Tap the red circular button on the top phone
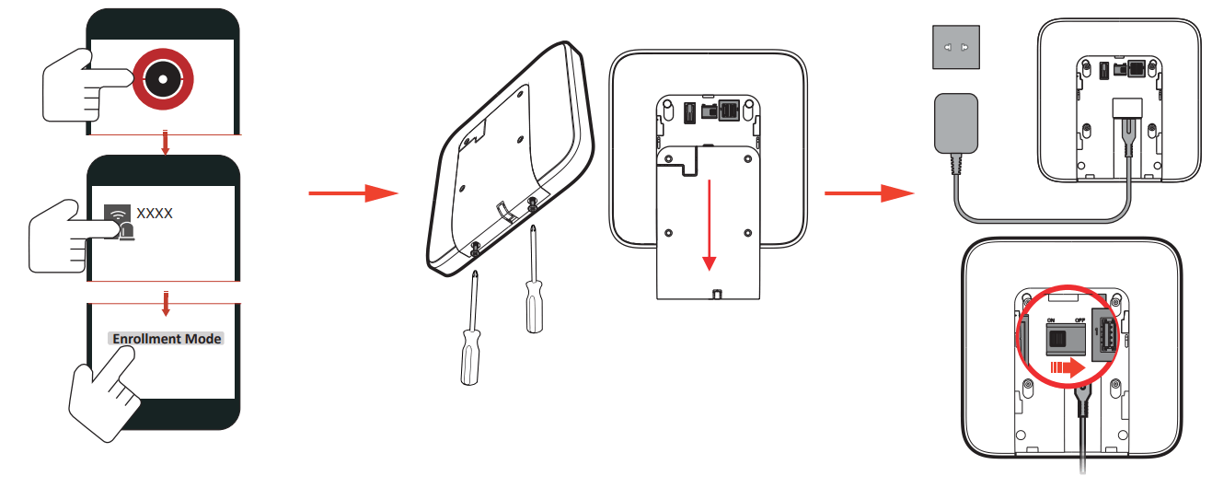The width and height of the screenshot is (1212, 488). (163, 79)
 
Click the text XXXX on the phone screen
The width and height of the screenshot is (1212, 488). (155, 214)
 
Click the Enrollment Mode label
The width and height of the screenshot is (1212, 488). (167, 339)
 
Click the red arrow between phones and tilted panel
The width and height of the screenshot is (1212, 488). (352, 193)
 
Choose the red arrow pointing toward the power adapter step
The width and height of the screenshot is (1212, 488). (868, 193)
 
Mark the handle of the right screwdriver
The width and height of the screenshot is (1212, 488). (531, 308)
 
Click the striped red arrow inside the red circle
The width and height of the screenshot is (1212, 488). (1068, 368)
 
